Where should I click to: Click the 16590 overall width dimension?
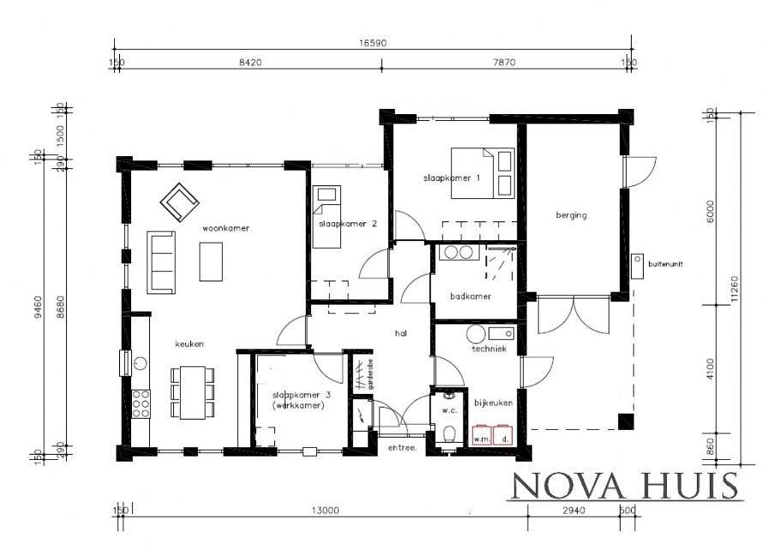pyautogui.click(x=371, y=41)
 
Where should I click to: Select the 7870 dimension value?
pyautogui.click(x=507, y=62)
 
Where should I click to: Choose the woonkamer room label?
pyautogui.click(x=219, y=229)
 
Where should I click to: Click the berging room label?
pyautogui.click(x=571, y=215)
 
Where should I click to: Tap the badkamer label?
pyautogui.click(x=471, y=297)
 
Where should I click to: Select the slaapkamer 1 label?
pyautogui.click(x=451, y=178)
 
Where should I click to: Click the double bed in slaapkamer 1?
pyautogui.click(x=483, y=172)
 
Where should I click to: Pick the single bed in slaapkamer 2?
pyautogui.click(x=325, y=215)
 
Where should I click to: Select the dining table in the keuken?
pyautogui.click(x=193, y=393)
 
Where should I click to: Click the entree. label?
pyautogui.click(x=402, y=448)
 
